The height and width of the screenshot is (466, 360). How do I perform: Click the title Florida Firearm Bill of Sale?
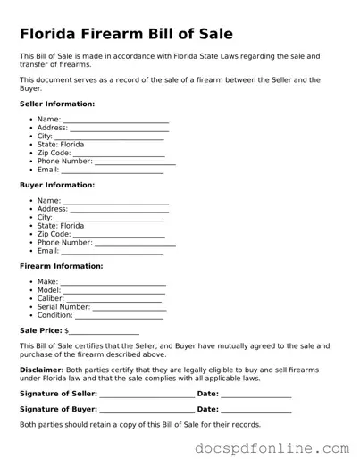click(x=126, y=34)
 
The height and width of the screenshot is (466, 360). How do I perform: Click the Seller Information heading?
click(x=57, y=104)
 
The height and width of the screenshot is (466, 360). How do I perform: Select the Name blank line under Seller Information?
click(x=115, y=120)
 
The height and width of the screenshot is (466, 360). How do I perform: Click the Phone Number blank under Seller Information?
click(x=135, y=162)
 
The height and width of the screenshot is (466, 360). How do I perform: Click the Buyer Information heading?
click(x=57, y=185)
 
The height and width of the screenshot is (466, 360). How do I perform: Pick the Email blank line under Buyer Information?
click(x=112, y=252)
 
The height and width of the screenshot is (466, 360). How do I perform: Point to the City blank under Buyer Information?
click(x=109, y=218)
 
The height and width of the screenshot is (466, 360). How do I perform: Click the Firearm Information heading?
click(x=62, y=266)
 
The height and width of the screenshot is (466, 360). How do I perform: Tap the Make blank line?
click(x=113, y=282)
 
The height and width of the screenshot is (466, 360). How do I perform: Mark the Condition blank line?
click(x=119, y=316)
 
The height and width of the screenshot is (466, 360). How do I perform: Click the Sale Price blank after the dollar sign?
click(x=105, y=330)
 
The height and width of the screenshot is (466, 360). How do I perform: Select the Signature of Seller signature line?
click(x=146, y=395)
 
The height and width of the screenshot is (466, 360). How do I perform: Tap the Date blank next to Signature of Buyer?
click(x=256, y=410)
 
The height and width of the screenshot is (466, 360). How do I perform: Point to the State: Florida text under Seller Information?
click(x=61, y=145)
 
